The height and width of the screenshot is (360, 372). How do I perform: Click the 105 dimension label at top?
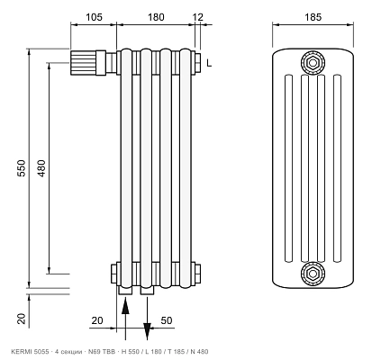(94, 17)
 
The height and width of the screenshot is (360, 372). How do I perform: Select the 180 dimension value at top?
(156, 17)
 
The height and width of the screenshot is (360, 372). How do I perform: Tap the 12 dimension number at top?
(198, 17)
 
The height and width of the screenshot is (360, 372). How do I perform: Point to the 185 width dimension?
(313, 17)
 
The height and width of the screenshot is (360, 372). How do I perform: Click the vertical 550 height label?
(22, 168)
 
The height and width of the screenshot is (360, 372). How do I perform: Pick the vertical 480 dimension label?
(41, 168)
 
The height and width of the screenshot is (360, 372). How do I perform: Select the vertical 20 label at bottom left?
(22, 319)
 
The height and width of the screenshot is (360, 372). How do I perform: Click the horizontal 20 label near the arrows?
(97, 320)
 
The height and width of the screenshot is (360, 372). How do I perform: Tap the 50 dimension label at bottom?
(167, 320)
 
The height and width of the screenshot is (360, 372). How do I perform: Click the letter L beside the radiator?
(209, 63)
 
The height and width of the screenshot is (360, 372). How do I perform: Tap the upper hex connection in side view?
(313, 63)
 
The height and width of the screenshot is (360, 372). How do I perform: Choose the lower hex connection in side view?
(313, 274)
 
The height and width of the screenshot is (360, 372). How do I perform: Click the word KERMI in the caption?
(20, 352)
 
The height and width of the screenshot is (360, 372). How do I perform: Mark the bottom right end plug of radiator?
(197, 274)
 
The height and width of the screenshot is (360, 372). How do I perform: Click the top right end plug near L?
(197, 63)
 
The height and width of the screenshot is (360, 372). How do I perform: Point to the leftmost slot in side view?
(288, 168)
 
